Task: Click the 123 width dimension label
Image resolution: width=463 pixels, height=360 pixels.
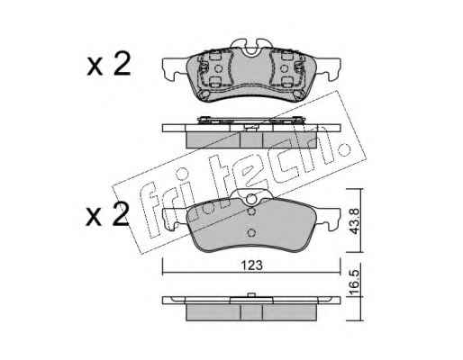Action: tap(252, 265)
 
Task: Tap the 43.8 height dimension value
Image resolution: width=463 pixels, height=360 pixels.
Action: tap(355, 221)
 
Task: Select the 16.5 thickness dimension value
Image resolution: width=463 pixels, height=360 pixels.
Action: tap(355, 282)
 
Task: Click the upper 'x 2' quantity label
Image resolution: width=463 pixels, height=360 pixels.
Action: tap(109, 64)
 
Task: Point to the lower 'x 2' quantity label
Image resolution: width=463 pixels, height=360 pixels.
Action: tap(108, 214)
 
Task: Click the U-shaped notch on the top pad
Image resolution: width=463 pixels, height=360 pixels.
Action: tap(251, 50)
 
